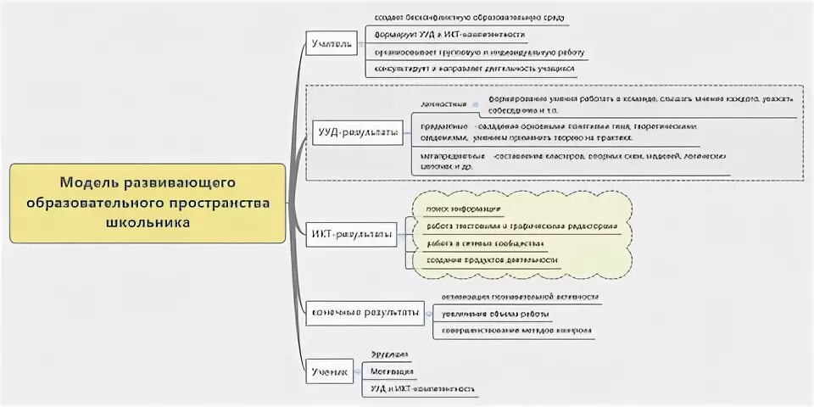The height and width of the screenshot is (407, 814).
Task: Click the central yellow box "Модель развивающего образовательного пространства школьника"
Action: coord(148,203)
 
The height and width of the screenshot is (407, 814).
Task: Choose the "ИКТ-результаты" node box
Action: coord(350,234)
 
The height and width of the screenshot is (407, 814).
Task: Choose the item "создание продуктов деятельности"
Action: coord(492,260)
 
